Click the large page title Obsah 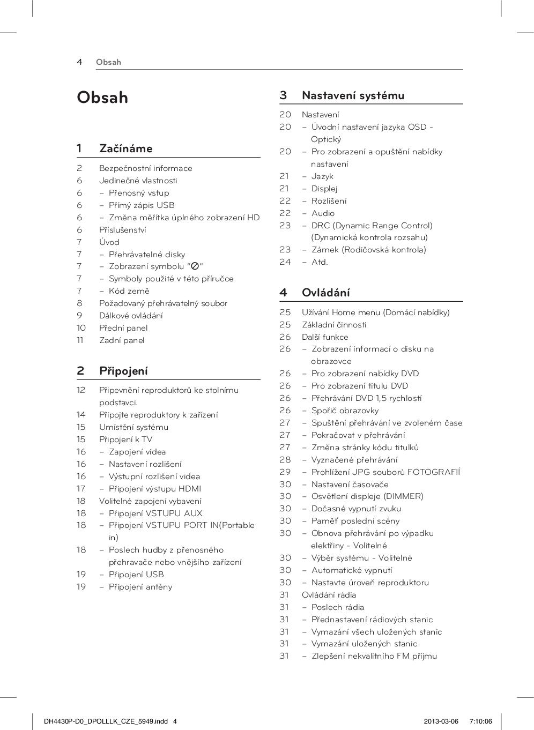pyautogui.click(x=102, y=98)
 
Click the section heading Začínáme pyautogui.click(x=125, y=148)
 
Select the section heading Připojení pyautogui.click(x=123, y=371)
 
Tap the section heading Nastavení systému pyautogui.click(x=353, y=95)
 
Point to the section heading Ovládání pyautogui.click(x=325, y=293)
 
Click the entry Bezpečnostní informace pyautogui.click(x=145, y=168)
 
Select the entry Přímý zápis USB pyautogui.click(x=142, y=205)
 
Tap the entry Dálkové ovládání pyautogui.click(x=131, y=316)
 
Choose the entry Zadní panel pyautogui.click(x=122, y=340)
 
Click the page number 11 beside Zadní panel pyautogui.click(x=80, y=340)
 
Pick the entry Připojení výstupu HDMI pyautogui.click(x=155, y=489)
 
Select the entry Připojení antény pyautogui.click(x=140, y=587)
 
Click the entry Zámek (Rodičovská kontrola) pyautogui.click(x=369, y=250)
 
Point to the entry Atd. pyautogui.click(x=320, y=262)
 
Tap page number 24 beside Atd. pyautogui.click(x=285, y=262)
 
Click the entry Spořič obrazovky pyautogui.click(x=345, y=411)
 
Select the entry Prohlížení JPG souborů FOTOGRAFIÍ pyautogui.click(x=385, y=472)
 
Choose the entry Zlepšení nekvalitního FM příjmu pyautogui.click(x=374, y=656)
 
